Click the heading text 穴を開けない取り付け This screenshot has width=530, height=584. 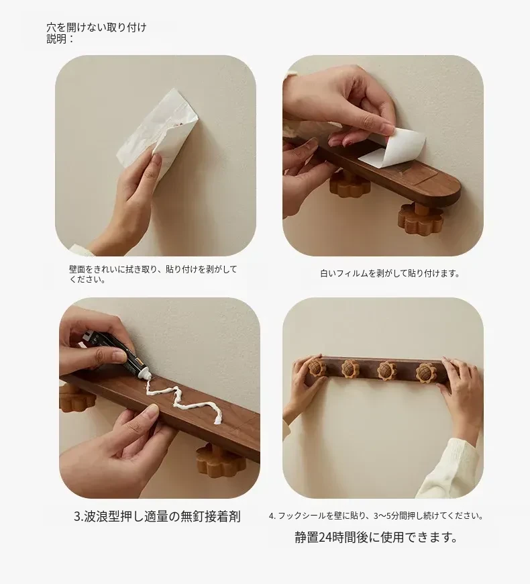coord(97,28)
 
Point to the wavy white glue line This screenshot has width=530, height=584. coord(182,400)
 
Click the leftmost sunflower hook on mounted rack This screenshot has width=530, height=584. coord(317,367)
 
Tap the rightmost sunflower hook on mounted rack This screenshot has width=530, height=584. coord(425,372)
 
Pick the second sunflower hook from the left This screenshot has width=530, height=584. coord(350,369)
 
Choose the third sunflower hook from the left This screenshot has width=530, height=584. coord(386,371)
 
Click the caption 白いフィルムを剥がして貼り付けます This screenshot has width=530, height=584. coord(390,273)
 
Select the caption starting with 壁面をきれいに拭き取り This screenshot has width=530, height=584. coord(153,274)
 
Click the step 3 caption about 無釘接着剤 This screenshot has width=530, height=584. coord(157,517)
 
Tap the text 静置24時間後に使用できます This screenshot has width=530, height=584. coord(376,537)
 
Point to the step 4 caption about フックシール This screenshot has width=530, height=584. coord(376,516)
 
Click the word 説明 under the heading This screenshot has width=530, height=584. coord(56,39)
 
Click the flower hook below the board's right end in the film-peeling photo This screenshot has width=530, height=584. coord(420,220)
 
